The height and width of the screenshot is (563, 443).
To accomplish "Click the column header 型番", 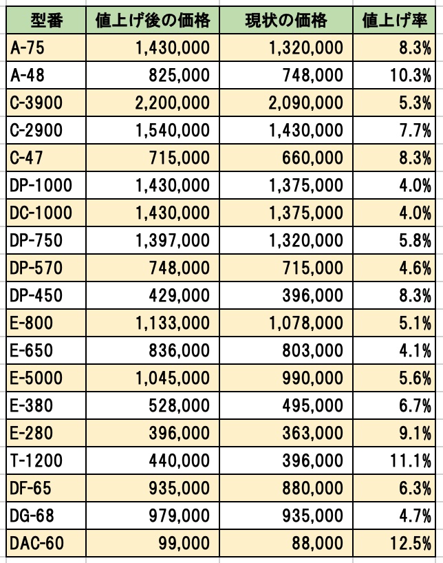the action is [x=46, y=21].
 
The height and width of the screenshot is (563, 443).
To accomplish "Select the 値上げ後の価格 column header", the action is [x=153, y=21].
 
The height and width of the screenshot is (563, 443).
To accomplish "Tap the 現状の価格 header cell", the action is [x=286, y=21].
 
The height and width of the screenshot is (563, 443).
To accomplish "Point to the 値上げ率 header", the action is [x=395, y=21].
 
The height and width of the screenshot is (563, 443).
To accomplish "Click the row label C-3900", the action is [x=36, y=103].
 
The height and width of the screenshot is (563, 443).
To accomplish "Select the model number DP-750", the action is [x=36, y=241].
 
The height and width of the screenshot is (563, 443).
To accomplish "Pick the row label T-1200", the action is [x=36, y=460].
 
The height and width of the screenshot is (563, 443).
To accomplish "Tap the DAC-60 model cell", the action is [x=36, y=543].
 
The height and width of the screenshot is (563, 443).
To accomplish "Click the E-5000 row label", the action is [x=36, y=378].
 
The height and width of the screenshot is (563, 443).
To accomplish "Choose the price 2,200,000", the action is [x=173, y=103].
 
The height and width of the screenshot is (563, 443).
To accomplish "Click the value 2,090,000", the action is [x=306, y=103].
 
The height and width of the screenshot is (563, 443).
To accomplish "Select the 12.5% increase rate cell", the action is [x=411, y=543].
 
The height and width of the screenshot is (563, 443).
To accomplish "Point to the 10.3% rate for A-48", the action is [x=411, y=76].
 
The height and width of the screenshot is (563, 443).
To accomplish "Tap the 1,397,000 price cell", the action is [x=173, y=241].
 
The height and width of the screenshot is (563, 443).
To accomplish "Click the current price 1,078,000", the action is [x=306, y=323].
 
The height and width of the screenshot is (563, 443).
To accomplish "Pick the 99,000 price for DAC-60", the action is [x=184, y=543].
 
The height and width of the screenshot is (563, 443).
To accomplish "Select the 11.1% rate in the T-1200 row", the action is [x=411, y=460].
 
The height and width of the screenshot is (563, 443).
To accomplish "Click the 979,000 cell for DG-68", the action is [x=179, y=516].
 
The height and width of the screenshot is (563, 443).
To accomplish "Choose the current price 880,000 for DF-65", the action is [x=313, y=488].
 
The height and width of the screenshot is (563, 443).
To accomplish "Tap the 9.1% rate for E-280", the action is [x=415, y=434].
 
